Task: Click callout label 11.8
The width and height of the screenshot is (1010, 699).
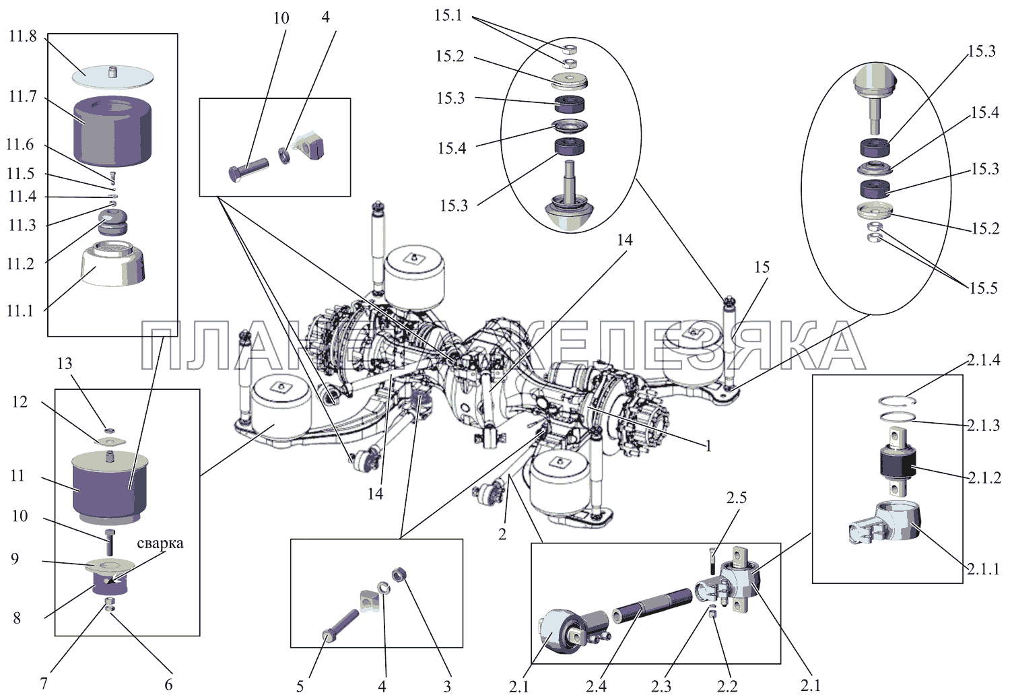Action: (x=22, y=36)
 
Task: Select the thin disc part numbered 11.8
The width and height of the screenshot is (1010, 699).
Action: (x=113, y=75)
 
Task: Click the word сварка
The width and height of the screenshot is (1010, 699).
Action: (x=160, y=543)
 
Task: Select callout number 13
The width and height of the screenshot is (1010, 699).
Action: (x=64, y=364)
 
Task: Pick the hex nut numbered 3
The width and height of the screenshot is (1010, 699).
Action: (x=398, y=574)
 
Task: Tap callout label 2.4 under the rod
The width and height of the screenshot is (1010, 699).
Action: (x=595, y=686)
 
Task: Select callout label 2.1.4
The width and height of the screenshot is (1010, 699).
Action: (x=984, y=360)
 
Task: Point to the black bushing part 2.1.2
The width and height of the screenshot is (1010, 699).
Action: (x=896, y=463)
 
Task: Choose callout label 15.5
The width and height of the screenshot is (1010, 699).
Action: (x=983, y=288)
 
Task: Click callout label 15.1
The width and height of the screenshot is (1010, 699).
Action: (x=448, y=15)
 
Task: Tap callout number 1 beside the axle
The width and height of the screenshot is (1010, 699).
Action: (x=708, y=446)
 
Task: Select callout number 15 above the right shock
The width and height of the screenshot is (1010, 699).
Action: (x=762, y=267)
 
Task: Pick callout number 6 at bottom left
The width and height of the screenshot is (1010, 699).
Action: (x=168, y=685)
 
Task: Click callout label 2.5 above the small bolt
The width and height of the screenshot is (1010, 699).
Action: (x=736, y=498)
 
